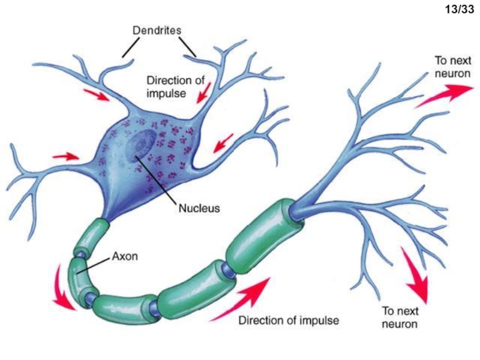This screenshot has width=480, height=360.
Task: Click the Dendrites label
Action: click(157, 31)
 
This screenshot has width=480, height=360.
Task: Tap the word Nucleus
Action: click(199, 208)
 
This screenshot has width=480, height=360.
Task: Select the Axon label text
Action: click(125, 256)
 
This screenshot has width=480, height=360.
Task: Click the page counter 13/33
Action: click(459, 10)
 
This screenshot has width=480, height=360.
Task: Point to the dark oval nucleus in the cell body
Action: click(141, 145)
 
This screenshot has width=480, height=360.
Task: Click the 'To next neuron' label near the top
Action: click(453, 67)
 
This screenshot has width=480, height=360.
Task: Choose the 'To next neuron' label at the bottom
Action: click(400, 317)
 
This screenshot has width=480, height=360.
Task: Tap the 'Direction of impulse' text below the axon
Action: click(289, 320)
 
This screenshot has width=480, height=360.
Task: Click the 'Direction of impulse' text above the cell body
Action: click(175, 86)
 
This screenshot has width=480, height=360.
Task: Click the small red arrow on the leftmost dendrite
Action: click(65, 157)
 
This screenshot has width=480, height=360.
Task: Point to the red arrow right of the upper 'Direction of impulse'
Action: click(204, 93)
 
